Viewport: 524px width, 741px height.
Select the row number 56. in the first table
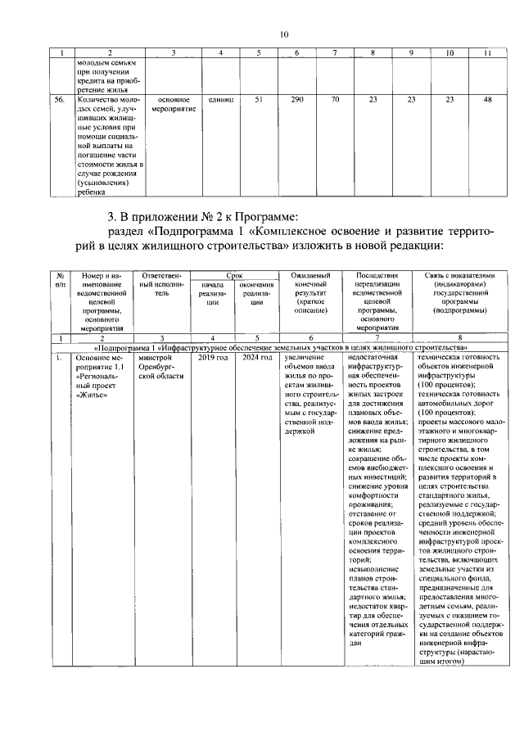60,100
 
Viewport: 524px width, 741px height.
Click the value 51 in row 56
258,100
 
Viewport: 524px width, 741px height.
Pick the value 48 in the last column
488,100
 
